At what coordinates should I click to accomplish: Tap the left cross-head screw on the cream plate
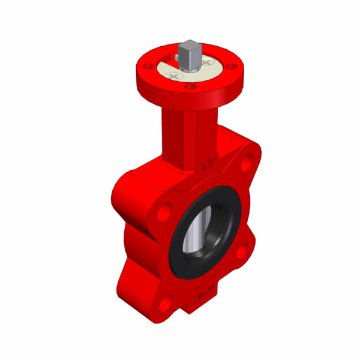click(x=175, y=76)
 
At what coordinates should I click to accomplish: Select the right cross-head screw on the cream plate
click(x=208, y=62)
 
